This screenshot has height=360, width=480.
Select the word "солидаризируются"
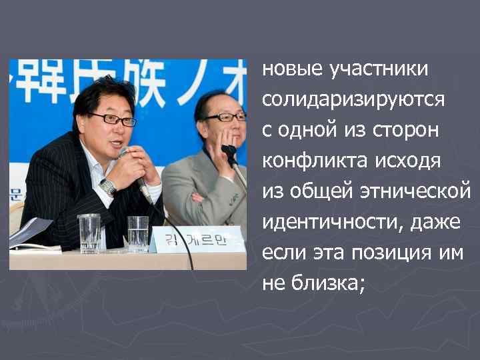(x=353, y=99)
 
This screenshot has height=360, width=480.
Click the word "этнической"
(x=417, y=191)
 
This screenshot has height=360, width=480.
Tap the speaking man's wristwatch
(x=108, y=186)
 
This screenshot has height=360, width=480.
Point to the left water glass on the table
(x=89, y=233)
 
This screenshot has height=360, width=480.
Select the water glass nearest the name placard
(x=138, y=233)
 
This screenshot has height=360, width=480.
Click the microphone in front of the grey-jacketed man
(x=230, y=153)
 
